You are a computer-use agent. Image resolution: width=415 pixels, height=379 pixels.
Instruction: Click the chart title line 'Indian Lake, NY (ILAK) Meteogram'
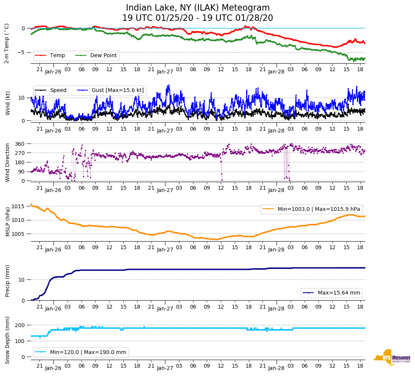click(x=198, y=8)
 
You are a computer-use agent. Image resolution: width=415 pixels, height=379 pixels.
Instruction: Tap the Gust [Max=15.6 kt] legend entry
click(x=118, y=90)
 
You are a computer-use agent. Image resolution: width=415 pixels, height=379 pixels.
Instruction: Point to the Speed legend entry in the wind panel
click(x=58, y=90)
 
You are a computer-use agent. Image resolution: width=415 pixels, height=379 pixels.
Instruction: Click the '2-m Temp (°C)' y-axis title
click(x=6, y=43)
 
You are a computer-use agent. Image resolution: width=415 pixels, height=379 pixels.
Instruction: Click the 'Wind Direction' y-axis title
click(x=7, y=162)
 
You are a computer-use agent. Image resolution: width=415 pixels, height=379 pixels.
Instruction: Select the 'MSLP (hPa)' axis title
click(x=7, y=222)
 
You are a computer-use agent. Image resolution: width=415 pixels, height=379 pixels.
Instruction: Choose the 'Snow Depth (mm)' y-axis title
click(x=7, y=340)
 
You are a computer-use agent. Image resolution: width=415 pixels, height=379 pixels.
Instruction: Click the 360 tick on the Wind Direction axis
click(x=20, y=144)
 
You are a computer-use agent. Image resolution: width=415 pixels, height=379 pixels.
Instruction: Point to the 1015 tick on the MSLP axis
click(x=19, y=206)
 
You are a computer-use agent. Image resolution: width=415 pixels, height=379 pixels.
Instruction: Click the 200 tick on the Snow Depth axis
click(x=20, y=325)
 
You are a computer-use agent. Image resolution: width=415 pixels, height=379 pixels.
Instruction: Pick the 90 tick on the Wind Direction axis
click(x=22, y=172)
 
